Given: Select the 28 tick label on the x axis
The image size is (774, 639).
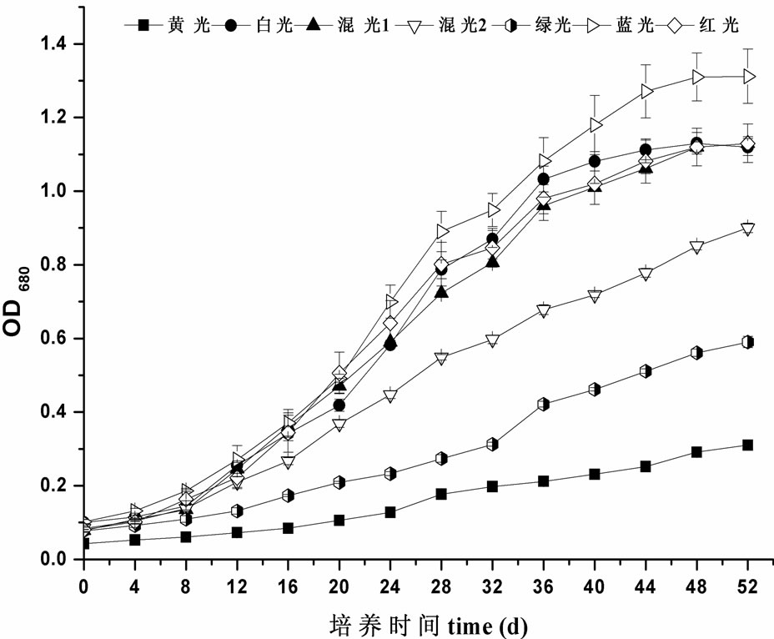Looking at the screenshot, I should [x=441, y=586].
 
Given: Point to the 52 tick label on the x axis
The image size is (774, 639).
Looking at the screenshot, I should [x=747, y=586].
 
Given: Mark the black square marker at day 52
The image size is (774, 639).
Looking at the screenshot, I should [x=747, y=445].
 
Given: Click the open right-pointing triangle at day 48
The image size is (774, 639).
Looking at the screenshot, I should [x=697, y=77].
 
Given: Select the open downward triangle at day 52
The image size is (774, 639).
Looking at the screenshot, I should [x=747, y=230].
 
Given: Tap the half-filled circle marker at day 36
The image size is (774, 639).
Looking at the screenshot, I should [x=544, y=404].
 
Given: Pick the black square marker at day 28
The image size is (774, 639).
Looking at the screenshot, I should [x=441, y=494].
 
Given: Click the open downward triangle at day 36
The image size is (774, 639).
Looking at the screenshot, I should [x=544, y=311].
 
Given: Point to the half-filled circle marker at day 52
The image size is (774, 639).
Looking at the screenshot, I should [x=747, y=342].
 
